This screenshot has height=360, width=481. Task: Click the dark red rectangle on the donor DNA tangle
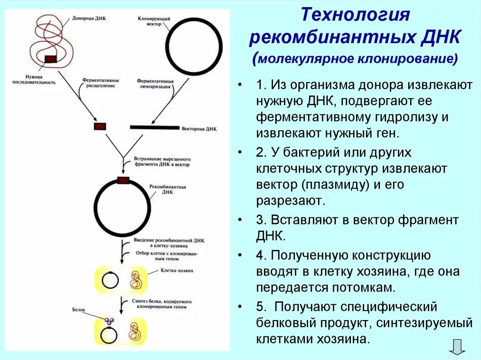point(51,58)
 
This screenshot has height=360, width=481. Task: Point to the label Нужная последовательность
point(41,79)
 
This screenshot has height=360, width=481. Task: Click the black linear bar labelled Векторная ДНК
point(155,127)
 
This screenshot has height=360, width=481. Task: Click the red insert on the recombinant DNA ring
point(123,180)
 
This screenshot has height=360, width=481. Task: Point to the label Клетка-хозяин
point(174,271)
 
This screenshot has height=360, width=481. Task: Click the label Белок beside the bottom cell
point(79,310)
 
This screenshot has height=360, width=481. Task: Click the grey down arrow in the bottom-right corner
point(457,346)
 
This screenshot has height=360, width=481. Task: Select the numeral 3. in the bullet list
point(262,220)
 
